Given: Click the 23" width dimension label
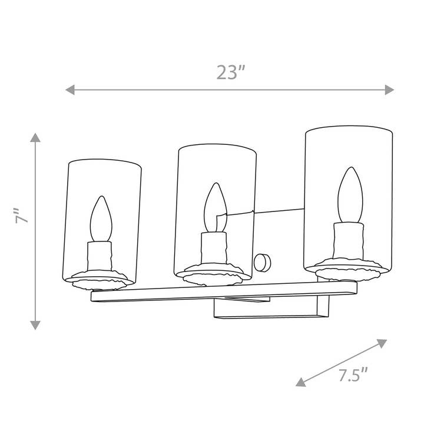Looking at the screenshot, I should pyautogui.click(x=230, y=72).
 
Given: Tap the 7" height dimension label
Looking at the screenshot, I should pyautogui.click(x=22, y=216).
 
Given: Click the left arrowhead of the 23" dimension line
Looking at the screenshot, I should pyautogui.click(x=69, y=90).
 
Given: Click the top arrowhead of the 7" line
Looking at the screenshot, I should pyautogui.click(x=35, y=138).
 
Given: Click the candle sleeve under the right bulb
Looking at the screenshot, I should pyautogui.click(x=347, y=241).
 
